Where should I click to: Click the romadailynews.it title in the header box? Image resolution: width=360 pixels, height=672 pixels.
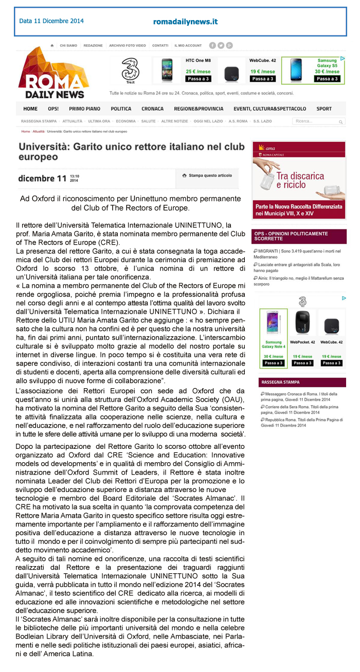(185, 22)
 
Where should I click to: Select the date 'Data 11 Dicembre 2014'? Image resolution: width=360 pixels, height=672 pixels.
(51, 21)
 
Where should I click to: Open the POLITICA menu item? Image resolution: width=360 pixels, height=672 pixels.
(121, 109)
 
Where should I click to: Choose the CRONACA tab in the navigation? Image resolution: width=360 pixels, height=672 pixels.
(153, 109)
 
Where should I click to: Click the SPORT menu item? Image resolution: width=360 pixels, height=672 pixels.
(324, 109)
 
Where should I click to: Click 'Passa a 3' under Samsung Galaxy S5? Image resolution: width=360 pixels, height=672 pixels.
(327, 79)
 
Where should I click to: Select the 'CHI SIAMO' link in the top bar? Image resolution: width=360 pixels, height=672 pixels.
(68, 46)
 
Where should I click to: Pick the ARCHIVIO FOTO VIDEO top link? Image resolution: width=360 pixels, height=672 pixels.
(127, 46)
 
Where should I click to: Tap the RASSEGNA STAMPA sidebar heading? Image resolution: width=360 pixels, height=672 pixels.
(280, 383)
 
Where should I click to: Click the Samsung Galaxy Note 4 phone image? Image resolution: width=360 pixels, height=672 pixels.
(273, 323)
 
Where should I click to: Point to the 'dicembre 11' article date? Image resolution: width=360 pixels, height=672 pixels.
(42, 179)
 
